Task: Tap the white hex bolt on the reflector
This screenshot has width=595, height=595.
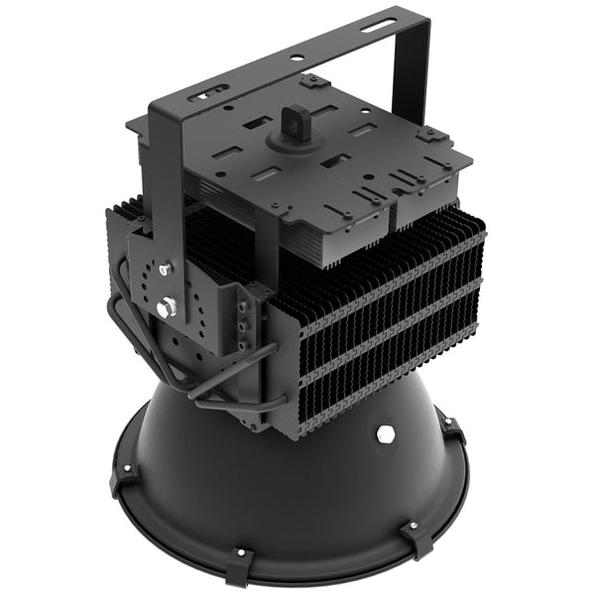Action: [x=385, y=434]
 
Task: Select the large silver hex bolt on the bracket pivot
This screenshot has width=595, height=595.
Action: [x=167, y=308]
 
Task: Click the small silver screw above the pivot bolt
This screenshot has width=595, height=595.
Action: [x=165, y=268]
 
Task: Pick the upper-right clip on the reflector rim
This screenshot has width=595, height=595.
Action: [x=452, y=428]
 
